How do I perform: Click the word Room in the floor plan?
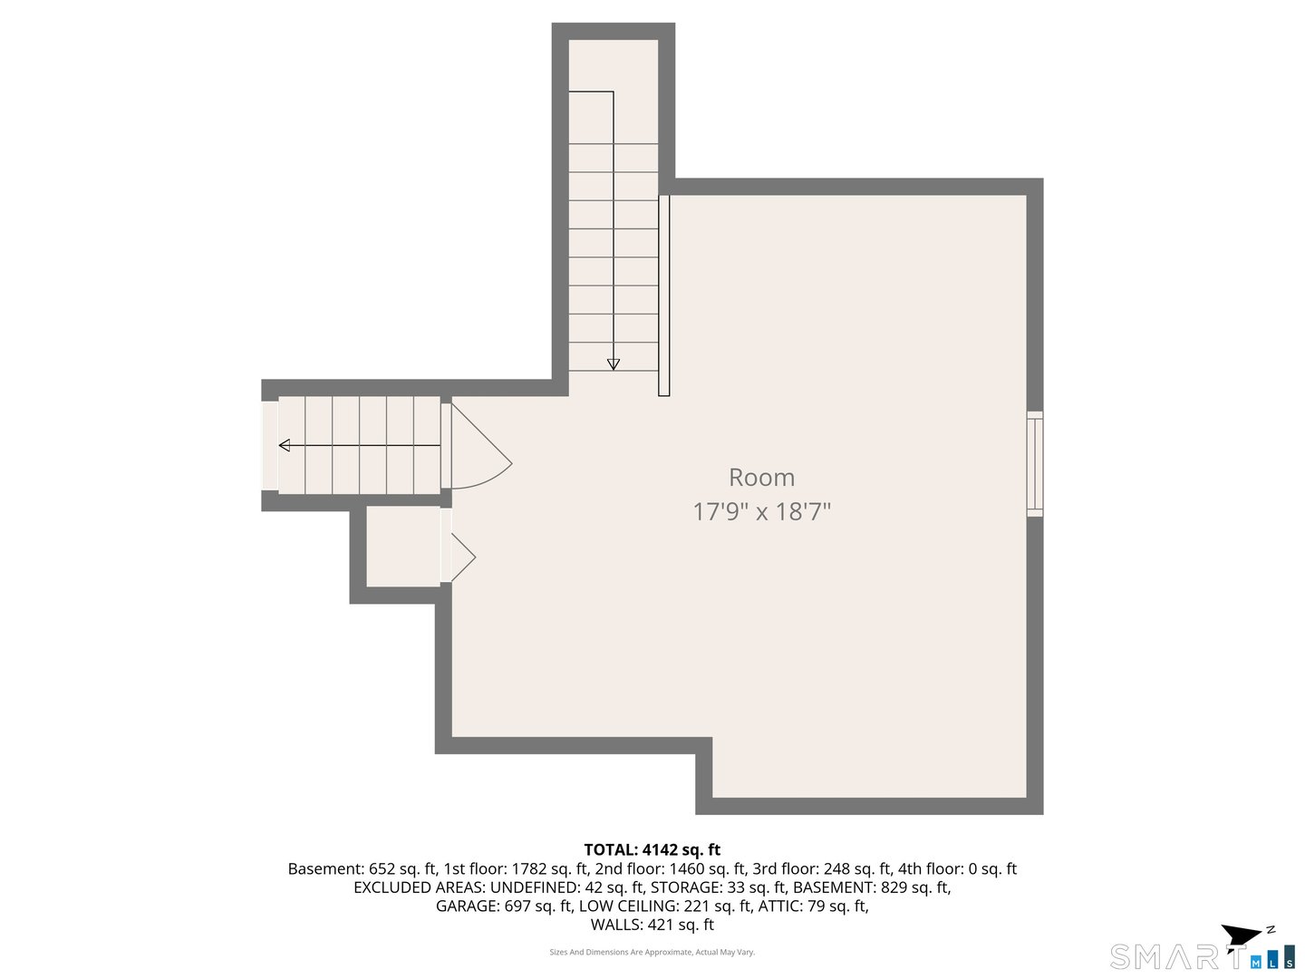pyautogui.click(x=761, y=478)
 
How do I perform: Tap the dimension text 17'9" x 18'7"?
pyautogui.click(x=761, y=512)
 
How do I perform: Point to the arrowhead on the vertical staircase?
pyautogui.click(x=614, y=364)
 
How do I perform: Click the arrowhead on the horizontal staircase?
pyautogui.click(x=285, y=445)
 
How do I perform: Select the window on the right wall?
pyautogui.click(x=1034, y=464)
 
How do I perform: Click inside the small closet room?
pyautogui.click(x=402, y=546)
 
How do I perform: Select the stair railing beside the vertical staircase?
pyautogui.click(x=664, y=296)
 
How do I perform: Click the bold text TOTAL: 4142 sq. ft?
pyautogui.click(x=652, y=849)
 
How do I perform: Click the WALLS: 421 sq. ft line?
pyautogui.click(x=652, y=925)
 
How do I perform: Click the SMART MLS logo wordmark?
pyautogui.click(x=1178, y=956)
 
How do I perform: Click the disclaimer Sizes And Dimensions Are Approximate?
pyautogui.click(x=652, y=952)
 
